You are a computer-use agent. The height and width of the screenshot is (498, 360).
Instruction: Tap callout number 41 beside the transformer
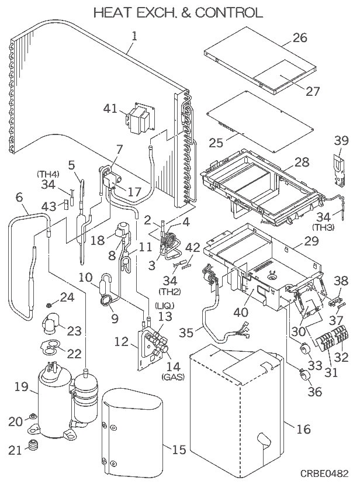coord(110,109)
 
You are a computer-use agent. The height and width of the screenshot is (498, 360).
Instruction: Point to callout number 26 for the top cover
coord(299,39)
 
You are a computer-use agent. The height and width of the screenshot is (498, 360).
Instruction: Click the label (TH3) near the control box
coord(322,226)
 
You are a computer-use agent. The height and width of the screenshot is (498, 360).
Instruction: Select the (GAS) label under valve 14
coord(173,377)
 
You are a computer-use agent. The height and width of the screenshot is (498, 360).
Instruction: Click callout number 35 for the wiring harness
coord(186,333)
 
